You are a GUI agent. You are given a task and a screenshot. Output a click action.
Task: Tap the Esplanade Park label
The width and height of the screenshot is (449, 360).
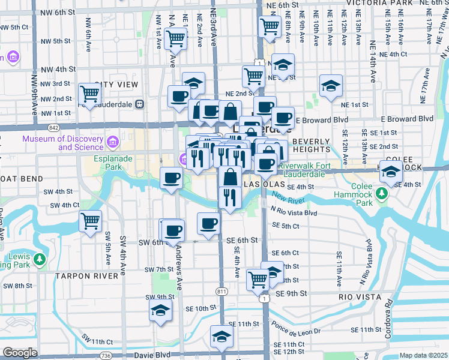point(111,163)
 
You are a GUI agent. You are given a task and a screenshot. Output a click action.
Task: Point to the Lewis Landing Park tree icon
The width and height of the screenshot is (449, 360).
point(40,259)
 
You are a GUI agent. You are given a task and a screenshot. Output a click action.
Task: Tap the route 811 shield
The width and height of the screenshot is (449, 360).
point(222,291)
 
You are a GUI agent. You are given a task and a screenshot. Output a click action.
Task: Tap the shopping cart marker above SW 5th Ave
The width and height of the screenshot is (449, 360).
point(91,221)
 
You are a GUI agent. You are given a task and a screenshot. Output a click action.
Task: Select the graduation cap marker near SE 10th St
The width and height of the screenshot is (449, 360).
point(161,310)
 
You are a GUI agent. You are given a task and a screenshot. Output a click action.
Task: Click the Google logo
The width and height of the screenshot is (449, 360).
point(20,353)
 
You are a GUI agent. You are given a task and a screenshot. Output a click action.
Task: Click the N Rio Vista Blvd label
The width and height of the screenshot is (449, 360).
point(294,212)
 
